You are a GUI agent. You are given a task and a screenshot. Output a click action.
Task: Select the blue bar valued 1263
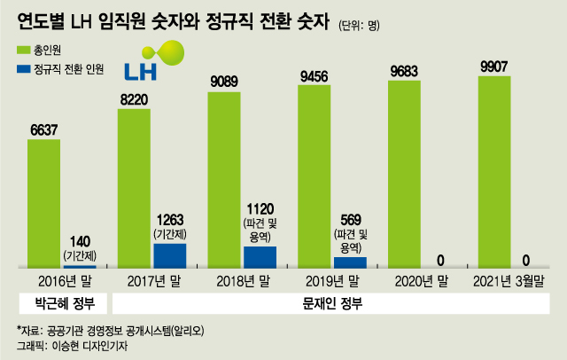tap(169, 255)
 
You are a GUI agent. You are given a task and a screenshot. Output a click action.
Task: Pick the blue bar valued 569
tap(349, 262)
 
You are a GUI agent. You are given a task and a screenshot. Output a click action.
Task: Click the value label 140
tap(80, 240)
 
